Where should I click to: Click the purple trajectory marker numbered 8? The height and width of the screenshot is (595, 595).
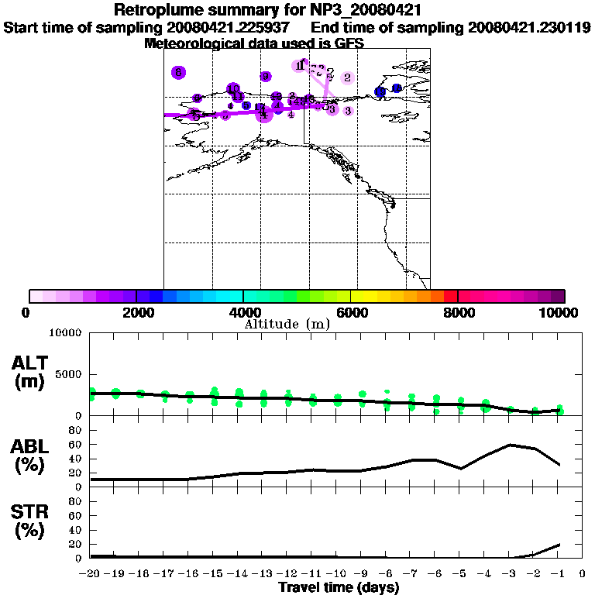click(x=178, y=72)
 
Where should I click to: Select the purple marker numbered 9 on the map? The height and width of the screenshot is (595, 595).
click(x=266, y=76)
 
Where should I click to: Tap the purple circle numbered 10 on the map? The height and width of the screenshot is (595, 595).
click(x=233, y=89)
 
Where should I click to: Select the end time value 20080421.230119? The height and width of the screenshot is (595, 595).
click(x=530, y=28)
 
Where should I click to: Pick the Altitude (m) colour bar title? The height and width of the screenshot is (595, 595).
click(x=287, y=324)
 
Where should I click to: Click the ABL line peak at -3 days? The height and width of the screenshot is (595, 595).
click(x=511, y=445)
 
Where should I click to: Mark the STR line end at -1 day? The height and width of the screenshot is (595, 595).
click(x=559, y=545)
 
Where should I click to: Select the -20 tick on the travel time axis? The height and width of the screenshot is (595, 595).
click(x=91, y=574)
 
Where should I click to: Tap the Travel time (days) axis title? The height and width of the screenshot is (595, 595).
click(x=339, y=587)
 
